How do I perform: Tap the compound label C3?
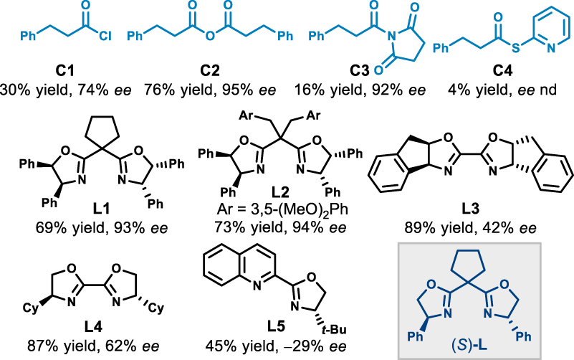[360, 72]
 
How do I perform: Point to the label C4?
[502, 72]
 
